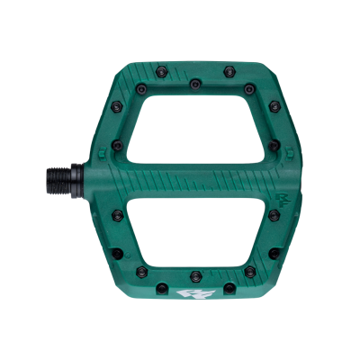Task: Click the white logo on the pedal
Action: click(x=192, y=293)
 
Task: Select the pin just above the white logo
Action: click(x=193, y=274)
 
